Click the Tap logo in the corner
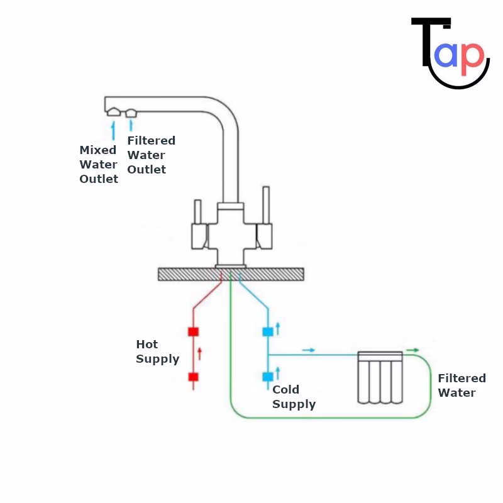click(450, 53)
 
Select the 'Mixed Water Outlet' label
click(99, 165)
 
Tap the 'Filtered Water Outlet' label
click(151, 155)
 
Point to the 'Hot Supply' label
click(158, 352)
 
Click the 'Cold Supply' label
click(294, 397)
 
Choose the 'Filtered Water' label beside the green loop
click(462, 385)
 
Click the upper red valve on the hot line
click(194, 332)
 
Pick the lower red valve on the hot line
click(194, 377)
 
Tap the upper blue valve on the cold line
click(268, 331)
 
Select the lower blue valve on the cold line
click(268, 377)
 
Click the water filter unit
click(379, 377)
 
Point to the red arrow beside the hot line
click(200, 354)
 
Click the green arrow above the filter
click(412, 350)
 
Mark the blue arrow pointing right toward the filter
click(309, 350)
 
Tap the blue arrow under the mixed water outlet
click(114, 131)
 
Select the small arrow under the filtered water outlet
click(131, 126)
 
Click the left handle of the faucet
click(199, 226)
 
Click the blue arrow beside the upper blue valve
click(277, 329)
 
